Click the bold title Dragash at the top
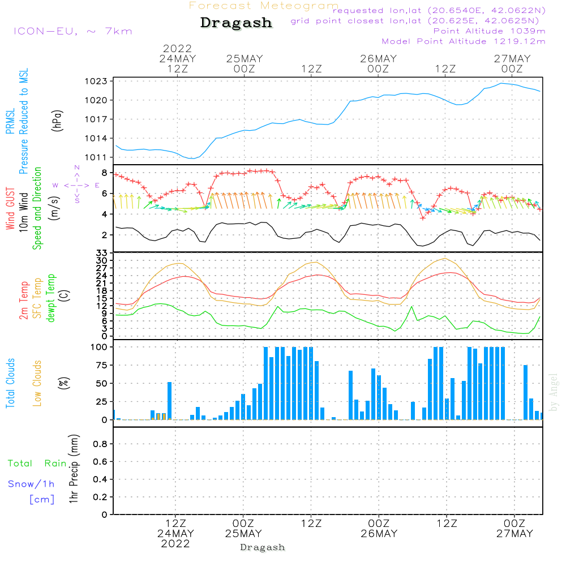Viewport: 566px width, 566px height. coord(236,23)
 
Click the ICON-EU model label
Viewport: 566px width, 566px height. coord(72,31)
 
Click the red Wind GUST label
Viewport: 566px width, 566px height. coord(10,209)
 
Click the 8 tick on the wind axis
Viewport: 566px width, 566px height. coord(104,172)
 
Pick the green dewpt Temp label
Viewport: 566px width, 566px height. coord(52,298)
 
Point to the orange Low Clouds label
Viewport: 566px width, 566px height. coord(38,383)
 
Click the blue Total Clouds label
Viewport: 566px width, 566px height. coord(10,383)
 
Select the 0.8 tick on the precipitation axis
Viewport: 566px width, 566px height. coord(100,444)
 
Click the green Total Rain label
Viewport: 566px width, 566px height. coord(37,464)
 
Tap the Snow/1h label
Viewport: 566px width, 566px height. coord(32,484)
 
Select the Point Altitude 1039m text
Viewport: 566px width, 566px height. coord(489,31)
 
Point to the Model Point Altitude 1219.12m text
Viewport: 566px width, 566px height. coord(464,41)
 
